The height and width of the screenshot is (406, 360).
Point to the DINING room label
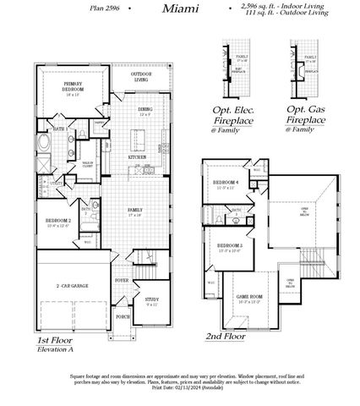[145, 110]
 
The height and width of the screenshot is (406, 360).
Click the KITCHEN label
[137, 157]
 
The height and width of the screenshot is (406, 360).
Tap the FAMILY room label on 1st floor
[134, 211]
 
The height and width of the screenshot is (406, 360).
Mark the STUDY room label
[151, 299]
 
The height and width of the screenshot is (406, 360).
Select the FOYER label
[123, 280]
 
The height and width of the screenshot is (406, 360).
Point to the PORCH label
[123, 318]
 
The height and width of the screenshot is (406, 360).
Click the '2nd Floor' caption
[225, 335]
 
